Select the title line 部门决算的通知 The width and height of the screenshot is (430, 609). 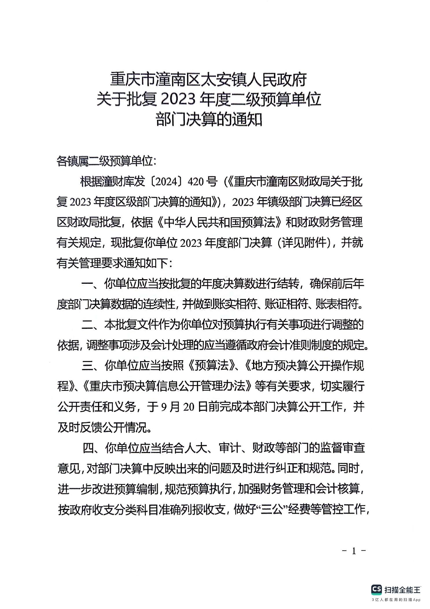click(x=209, y=119)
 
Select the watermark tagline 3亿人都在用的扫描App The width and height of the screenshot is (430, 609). click(x=396, y=600)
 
